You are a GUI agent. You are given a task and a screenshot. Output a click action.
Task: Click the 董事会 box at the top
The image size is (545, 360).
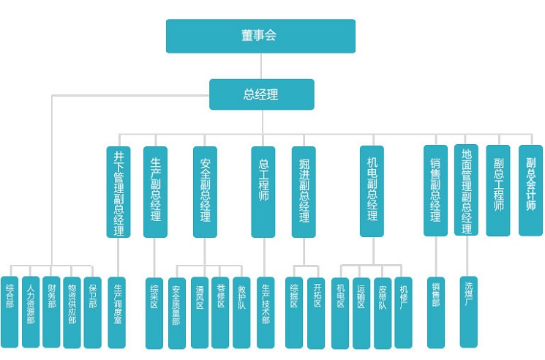pyautogui.click(x=260, y=36)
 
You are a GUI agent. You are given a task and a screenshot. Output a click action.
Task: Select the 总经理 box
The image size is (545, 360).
pyautogui.click(x=261, y=94)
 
